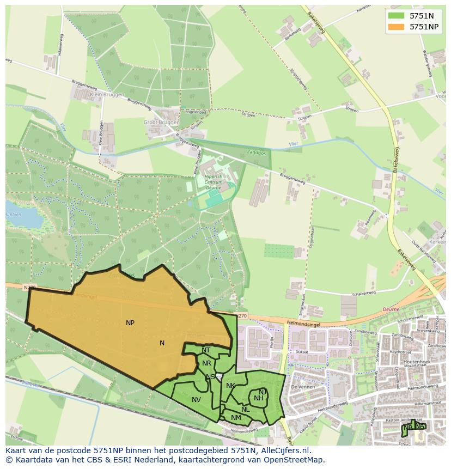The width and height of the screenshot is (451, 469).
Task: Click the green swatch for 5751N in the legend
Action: point(396,16)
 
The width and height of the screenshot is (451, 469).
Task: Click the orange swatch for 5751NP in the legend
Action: point(396,27)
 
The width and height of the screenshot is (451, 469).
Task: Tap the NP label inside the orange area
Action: point(130,323)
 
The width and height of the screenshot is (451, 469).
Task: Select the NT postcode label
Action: point(206,350)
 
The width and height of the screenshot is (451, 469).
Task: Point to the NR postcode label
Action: point(206,363)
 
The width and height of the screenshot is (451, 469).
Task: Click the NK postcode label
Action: point(230,386)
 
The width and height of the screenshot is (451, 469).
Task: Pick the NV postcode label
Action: point(196,400)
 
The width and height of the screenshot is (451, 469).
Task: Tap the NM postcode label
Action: point(236,418)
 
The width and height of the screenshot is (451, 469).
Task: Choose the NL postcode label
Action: point(246,410)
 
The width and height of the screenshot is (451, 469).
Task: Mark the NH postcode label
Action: point(259,398)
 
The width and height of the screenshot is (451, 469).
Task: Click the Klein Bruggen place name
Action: point(107,94)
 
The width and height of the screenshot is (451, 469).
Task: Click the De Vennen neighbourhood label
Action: point(301,386)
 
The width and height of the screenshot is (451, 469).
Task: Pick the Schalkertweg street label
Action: point(364,293)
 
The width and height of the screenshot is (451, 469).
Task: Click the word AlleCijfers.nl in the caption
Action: point(284,450)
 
